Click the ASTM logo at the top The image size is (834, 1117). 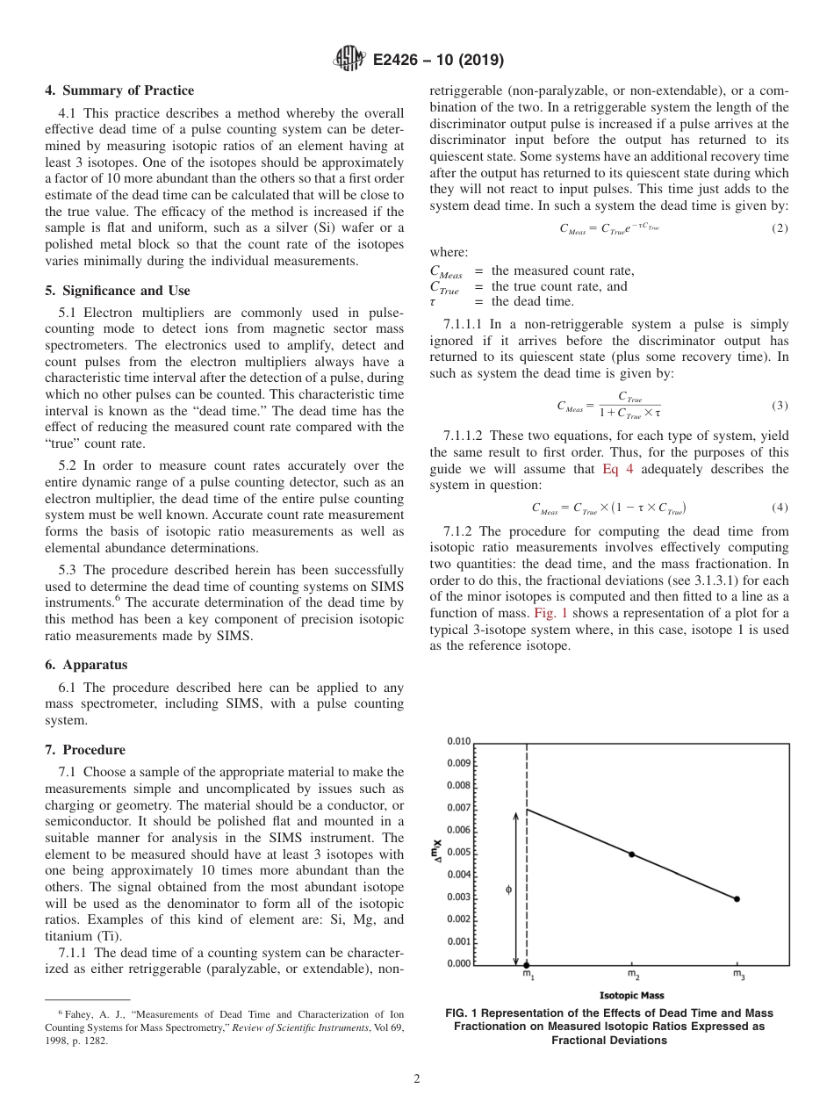pos(349,60)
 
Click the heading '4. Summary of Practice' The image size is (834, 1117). pos(119,90)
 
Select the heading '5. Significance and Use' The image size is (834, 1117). pos(117,291)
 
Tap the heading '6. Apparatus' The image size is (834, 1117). pos(85,666)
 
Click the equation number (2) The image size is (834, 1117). pos(780,228)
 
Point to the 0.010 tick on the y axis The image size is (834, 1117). pos(459,741)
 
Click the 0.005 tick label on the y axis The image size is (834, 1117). pos(459,852)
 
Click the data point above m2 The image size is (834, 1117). pos(631,854)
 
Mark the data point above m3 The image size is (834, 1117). pos(737,898)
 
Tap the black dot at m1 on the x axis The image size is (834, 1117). pos(526,964)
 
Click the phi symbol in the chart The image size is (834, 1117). pos(509,890)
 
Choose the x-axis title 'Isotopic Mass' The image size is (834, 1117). pos(631,995)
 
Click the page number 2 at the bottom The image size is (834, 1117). pos(417,1079)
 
